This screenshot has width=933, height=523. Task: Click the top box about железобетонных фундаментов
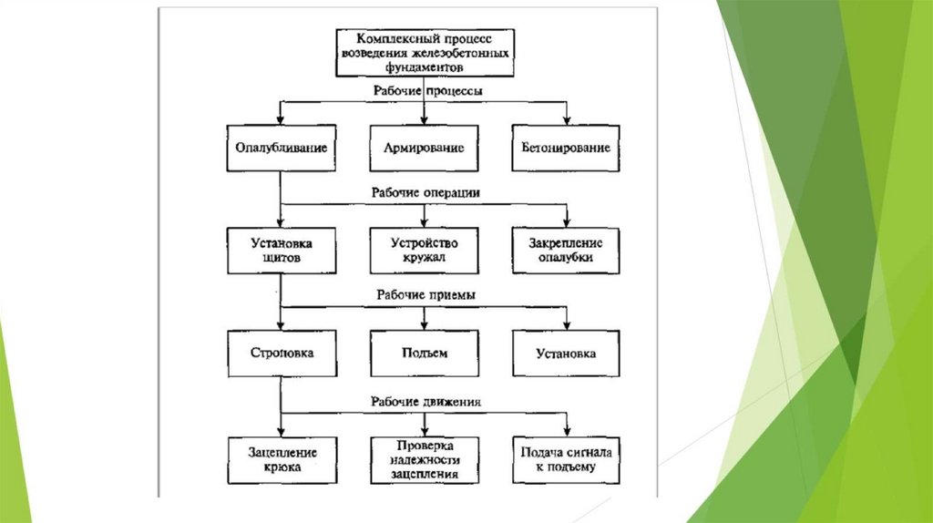pyautogui.click(x=425, y=54)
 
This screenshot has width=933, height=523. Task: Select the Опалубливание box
pyautogui.click(x=281, y=148)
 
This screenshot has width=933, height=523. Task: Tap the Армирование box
pyautogui.click(x=424, y=148)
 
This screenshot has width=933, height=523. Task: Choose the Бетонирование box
pyautogui.click(x=566, y=148)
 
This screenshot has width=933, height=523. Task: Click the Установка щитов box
pyautogui.click(x=281, y=251)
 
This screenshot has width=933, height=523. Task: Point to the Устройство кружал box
pyautogui.click(x=424, y=251)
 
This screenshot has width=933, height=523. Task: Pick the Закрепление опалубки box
pyautogui.click(x=566, y=251)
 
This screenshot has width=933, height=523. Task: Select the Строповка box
pyautogui.click(x=281, y=354)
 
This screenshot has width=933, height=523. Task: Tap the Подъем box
pyautogui.click(x=424, y=354)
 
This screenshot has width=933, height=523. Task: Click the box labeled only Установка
pyautogui.click(x=566, y=354)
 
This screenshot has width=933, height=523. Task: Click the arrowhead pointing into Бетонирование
pyautogui.click(x=567, y=120)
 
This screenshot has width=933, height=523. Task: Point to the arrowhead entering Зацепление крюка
pyautogui.click(x=281, y=431)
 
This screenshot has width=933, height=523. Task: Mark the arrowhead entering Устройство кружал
pyautogui.click(x=424, y=223)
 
